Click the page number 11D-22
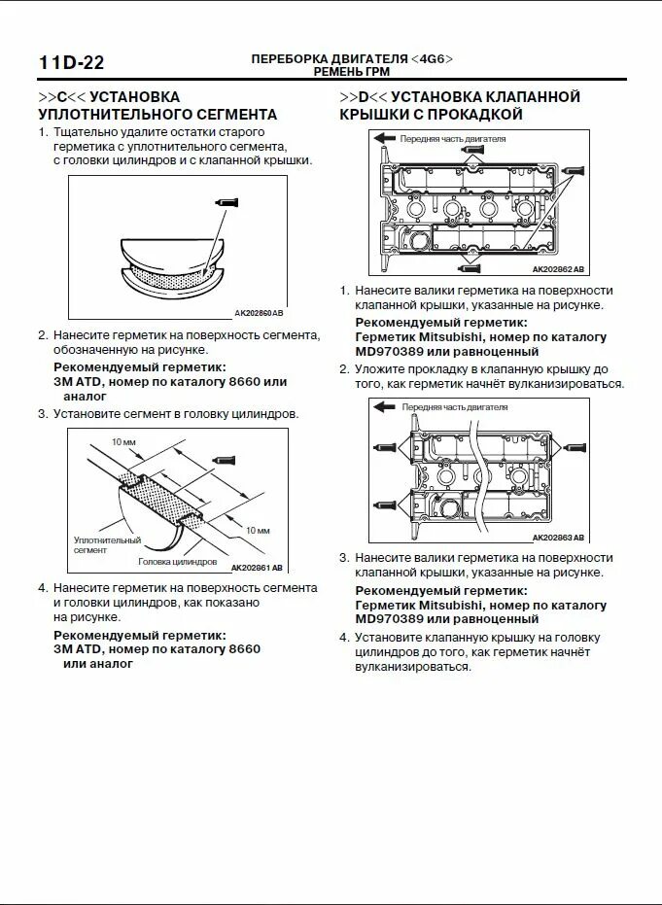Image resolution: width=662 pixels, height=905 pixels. coord(71,63)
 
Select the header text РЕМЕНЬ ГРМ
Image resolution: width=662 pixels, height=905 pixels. coord(352,72)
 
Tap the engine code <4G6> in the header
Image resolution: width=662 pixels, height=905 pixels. coord(432,58)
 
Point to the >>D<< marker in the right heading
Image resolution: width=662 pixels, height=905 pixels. coord(364,97)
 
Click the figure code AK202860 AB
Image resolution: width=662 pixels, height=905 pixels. coord(259,313)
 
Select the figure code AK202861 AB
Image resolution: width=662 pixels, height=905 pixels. coord(257,568)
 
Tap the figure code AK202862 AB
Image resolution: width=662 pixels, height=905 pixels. coord(559,269)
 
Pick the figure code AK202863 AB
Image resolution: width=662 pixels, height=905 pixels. coord(559,538)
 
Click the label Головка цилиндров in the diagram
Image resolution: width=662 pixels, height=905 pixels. coord(177,562)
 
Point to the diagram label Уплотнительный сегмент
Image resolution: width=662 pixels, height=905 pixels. coord(107,544)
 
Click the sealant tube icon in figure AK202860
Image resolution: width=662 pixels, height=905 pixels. coord(226,202)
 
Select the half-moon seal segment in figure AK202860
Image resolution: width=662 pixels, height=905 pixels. coord(171,267)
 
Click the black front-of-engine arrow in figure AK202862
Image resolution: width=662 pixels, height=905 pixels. coord(385,139)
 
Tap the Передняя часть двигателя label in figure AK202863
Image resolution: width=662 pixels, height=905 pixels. coord(454,407)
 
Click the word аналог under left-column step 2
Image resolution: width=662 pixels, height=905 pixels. coord(86,397)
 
